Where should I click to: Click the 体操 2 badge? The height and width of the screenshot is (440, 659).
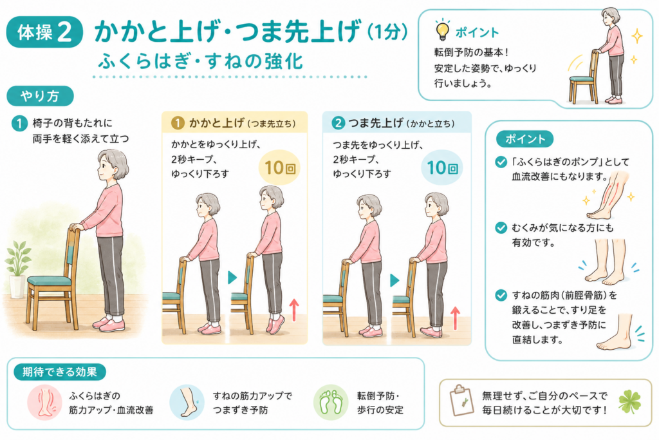click(x=44, y=32)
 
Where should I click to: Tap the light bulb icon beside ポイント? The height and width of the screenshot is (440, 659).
click(x=441, y=30)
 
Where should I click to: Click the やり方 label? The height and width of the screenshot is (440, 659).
click(x=40, y=97)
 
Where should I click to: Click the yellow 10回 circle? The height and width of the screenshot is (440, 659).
click(x=279, y=168)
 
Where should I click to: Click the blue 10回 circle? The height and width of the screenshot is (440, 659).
click(x=441, y=168)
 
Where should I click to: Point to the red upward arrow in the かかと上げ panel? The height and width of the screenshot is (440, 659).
click(x=293, y=310)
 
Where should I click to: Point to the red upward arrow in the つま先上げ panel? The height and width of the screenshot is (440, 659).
click(x=455, y=318)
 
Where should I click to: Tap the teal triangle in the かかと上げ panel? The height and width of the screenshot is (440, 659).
click(x=232, y=278)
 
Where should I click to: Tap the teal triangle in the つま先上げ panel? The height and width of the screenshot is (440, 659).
click(x=394, y=280)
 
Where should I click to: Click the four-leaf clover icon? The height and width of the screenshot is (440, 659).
click(x=630, y=401)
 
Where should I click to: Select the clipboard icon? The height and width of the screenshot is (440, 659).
click(x=461, y=399)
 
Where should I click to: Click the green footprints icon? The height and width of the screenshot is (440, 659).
click(x=331, y=402)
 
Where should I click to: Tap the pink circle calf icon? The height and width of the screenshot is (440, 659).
click(x=44, y=403)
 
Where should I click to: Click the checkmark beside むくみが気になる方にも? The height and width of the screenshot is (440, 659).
click(x=501, y=228)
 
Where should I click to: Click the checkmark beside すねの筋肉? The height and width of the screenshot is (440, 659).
click(x=501, y=295)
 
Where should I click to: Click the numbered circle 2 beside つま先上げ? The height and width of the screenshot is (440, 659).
click(x=338, y=123)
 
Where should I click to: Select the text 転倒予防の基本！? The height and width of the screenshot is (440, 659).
click(x=472, y=53)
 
